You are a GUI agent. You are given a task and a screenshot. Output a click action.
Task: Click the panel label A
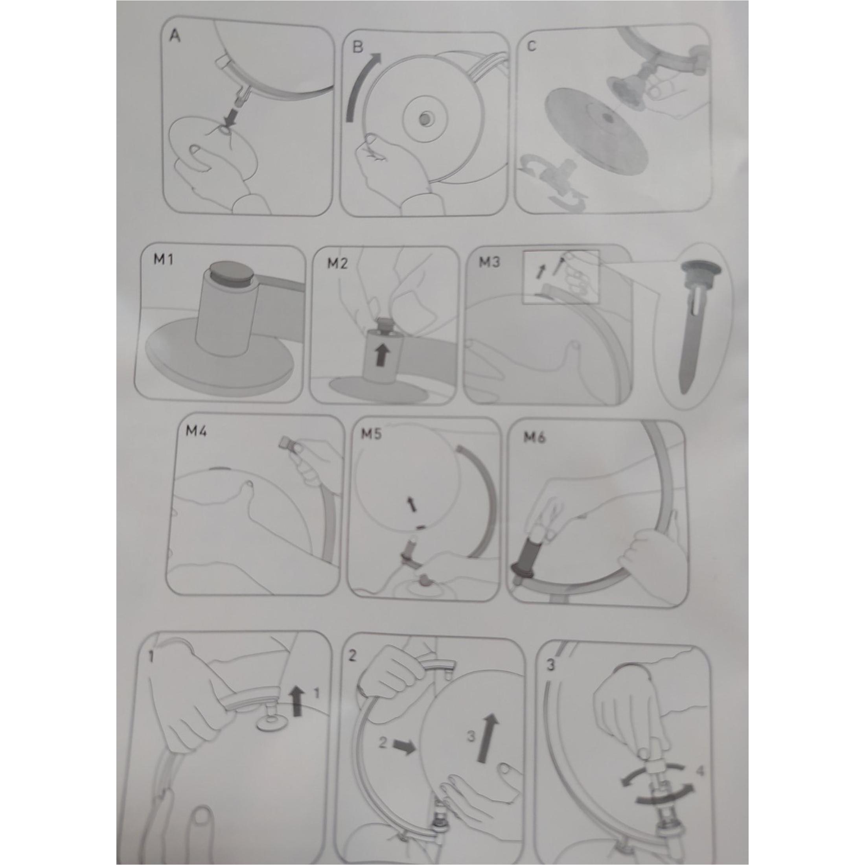coord(175,36)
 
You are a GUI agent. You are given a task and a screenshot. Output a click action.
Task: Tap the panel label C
coord(532,46)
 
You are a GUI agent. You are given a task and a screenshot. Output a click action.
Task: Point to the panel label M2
coord(337,263)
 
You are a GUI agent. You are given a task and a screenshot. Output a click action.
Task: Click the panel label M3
coord(490,262)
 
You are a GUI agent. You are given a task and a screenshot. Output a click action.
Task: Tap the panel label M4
coord(196,432)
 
